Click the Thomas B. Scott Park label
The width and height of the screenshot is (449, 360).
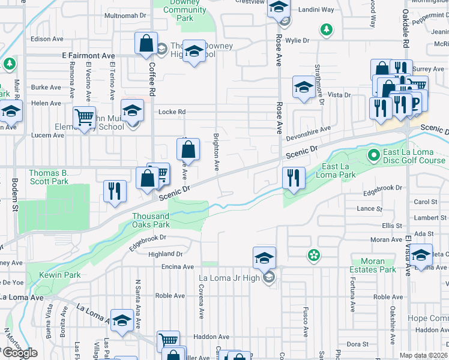[48, 177]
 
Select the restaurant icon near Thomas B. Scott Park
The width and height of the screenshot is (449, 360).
[115, 191]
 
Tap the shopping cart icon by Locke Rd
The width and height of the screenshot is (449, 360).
[85, 117]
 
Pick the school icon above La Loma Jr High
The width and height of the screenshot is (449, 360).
[264, 258]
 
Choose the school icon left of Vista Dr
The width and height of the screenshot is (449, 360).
[304, 88]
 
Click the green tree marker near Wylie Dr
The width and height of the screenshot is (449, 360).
[326, 29]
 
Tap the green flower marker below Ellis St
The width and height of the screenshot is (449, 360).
[313, 256]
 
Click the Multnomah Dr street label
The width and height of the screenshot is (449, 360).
[125, 16]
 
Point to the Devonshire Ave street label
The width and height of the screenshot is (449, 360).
[312, 130]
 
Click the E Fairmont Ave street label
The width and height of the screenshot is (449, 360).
[89, 55]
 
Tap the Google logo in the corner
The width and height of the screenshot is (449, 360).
[20, 353]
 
